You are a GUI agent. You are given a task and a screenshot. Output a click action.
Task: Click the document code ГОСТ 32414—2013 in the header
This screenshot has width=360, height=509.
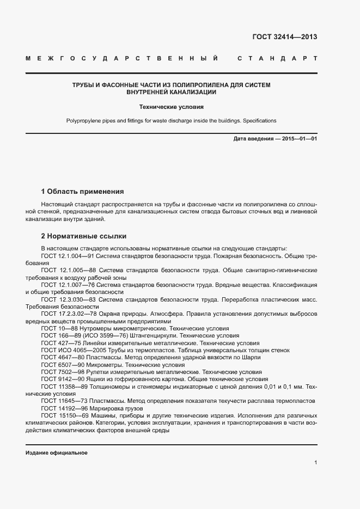point(285,38)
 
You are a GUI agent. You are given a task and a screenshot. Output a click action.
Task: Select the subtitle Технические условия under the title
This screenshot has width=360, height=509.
point(171,108)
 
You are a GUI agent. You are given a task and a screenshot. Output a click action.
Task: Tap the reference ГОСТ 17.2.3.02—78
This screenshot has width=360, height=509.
point(69,314)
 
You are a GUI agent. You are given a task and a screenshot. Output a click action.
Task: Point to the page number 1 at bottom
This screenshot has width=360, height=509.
point(315,463)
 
